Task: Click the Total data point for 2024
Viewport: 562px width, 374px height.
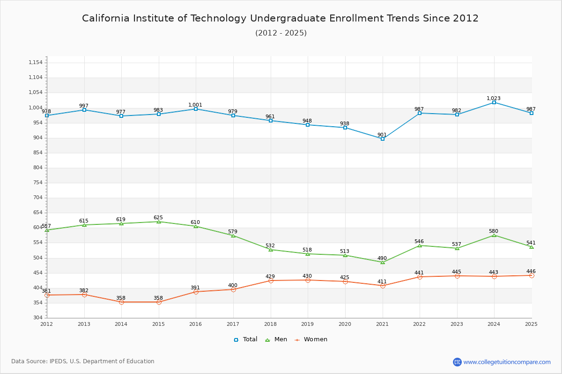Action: pos(494,102)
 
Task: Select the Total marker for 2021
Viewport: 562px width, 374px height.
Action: pos(383,139)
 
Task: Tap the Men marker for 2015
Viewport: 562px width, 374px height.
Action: pos(159,222)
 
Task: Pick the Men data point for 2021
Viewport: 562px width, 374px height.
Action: pos(383,262)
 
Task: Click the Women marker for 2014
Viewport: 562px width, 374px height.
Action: pos(121,302)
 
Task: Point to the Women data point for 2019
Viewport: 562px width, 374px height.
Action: pos(308,280)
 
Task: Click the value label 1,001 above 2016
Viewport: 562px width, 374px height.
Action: pos(195,105)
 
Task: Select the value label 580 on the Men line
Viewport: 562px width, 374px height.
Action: pos(494,231)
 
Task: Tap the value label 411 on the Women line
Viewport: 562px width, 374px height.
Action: pos(382,281)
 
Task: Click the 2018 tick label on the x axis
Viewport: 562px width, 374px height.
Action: pos(270,324)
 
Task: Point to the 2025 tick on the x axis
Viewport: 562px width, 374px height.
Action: pos(531,324)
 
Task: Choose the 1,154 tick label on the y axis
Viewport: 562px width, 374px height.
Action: pos(36,63)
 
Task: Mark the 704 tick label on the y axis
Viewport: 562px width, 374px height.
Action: pos(37,198)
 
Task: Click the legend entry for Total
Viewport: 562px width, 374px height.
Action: pos(246,339)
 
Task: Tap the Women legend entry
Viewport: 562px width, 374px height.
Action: pos(311,339)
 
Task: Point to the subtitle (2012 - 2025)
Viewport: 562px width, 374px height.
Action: pos(281,33)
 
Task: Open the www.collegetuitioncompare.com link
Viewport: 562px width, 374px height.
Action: pos(507,362)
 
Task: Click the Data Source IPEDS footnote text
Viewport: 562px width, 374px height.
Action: pos(83,361)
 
